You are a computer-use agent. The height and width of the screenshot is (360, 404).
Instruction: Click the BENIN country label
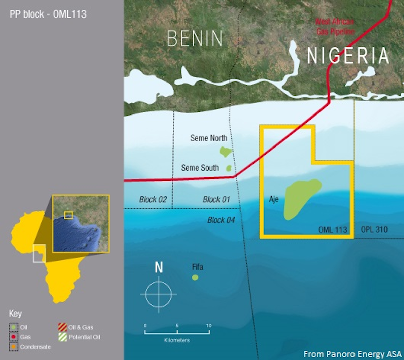click(x=195, y=38)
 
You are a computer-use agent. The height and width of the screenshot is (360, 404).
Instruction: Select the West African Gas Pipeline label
click(x=335, y=27)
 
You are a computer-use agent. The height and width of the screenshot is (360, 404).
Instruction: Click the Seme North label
click(x=208, y=138)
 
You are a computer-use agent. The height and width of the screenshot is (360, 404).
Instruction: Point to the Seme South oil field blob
click(x=229, y=168)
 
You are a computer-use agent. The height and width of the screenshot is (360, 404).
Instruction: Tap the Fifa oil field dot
click(x=195, y=277)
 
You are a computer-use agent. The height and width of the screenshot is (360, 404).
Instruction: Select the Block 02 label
click(x=153, y=199)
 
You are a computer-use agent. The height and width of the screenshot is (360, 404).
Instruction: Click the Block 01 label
click(x=216, y=199)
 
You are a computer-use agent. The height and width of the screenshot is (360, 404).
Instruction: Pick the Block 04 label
click(x=221, y=220)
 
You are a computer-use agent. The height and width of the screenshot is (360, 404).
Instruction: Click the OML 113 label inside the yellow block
click(x=333, y=230)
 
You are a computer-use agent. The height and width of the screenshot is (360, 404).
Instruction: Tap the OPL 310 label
click(x=374, y=229)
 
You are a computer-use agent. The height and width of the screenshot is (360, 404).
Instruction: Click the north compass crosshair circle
click(x=159, y=294)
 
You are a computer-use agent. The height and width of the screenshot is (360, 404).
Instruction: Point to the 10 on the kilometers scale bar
click(x=209, y=326)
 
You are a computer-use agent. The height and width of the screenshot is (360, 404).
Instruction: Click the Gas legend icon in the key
click(x=13, y=337)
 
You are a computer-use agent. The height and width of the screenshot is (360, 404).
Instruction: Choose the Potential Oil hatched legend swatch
click(x=63, y=337)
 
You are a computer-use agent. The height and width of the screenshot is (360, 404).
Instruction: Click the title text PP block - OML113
click(x=48, y=14)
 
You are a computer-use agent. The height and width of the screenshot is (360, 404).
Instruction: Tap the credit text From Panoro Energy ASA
click(x=352, y=354)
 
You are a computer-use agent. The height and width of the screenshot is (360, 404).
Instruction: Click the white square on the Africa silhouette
click(x=39, y=253)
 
